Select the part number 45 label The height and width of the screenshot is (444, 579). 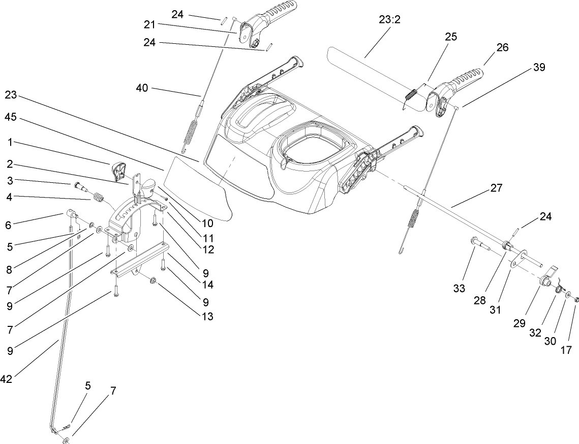click(11, 117)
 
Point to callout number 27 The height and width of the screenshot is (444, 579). click(496, 188)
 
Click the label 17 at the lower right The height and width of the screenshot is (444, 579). click(566, 350)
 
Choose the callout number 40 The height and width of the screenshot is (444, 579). click(142, 88)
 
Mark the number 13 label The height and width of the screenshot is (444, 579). click(206, 316)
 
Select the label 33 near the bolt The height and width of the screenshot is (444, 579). click(459, 288)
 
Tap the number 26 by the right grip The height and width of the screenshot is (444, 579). click(502, 47)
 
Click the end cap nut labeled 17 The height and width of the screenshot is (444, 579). click(577, 300)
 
